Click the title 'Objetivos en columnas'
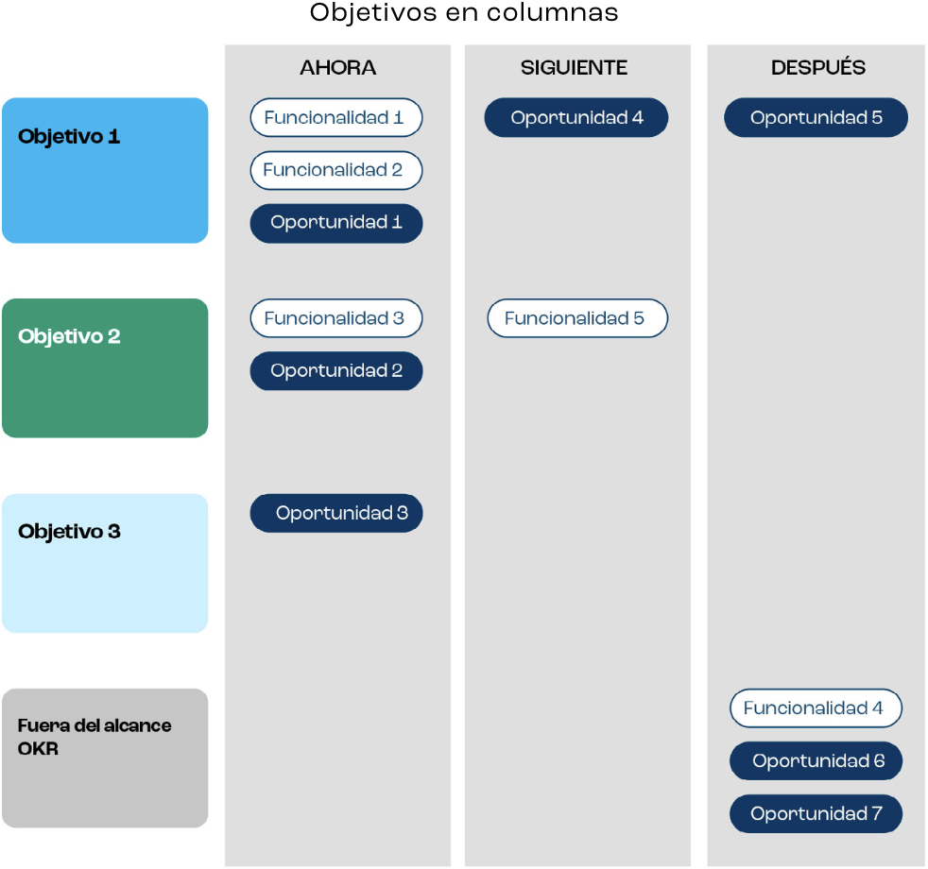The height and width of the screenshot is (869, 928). click(464, 13)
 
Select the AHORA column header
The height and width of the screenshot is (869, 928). click(337, 68)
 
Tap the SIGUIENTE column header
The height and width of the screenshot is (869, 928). click(574, 68)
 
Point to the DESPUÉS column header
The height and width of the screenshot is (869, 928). click(818, 68)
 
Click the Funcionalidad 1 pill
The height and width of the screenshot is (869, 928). click(335, 118)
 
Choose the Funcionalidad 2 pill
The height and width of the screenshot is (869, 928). click(335, 171)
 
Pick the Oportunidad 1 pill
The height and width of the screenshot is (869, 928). click(335, 224)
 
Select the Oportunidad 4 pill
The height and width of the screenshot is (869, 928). click(576, 118)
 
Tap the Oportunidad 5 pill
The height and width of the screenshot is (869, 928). click(816, 118)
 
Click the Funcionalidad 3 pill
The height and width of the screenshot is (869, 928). click(335, 318)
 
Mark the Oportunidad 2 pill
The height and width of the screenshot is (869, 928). click(335, 371)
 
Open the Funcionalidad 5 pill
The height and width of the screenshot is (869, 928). click(576, 318)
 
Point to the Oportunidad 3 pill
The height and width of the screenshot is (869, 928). click(335, 514)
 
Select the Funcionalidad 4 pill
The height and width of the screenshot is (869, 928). click(816, 708)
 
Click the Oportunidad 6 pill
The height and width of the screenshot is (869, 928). click(816, 761)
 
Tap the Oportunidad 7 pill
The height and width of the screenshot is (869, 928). click(816, 814)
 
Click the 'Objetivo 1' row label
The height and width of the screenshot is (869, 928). click(69, 137)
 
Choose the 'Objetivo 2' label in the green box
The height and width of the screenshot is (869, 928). click(69, 337)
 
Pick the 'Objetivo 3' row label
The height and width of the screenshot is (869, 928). click(69, 532)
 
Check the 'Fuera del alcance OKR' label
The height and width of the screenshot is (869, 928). click(95, 737)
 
